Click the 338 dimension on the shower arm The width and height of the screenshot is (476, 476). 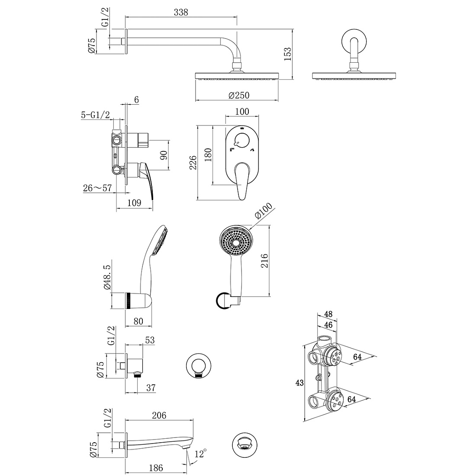181,12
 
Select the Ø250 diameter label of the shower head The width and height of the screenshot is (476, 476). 239,95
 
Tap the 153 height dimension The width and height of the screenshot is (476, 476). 287,54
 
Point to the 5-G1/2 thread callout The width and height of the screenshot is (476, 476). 95,115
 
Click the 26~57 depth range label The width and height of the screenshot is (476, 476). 97,188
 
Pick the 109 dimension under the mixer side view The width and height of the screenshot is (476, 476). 134,203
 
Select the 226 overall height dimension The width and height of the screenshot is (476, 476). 193,163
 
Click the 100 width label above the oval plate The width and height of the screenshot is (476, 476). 242,111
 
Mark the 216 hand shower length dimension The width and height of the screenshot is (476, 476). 264,261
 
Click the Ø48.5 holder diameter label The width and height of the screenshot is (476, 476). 108,277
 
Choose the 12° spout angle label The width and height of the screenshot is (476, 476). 201,454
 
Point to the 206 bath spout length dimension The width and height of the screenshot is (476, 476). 159,415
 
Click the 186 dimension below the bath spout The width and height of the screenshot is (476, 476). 156,468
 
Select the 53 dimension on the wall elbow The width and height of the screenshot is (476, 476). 150,340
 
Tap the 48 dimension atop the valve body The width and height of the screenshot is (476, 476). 328,314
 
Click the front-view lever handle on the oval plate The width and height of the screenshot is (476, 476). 242,181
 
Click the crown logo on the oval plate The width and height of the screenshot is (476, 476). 242,128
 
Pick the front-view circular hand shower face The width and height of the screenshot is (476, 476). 236,243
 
